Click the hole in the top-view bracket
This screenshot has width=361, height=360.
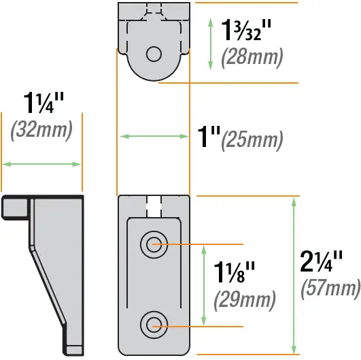pos(153,53)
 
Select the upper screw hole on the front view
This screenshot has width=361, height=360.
pos(152,244)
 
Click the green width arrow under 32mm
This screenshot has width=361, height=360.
pos(41,163)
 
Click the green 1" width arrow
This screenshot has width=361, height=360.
pos(153,136)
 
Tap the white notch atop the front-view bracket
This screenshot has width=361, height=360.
pos(153,201)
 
